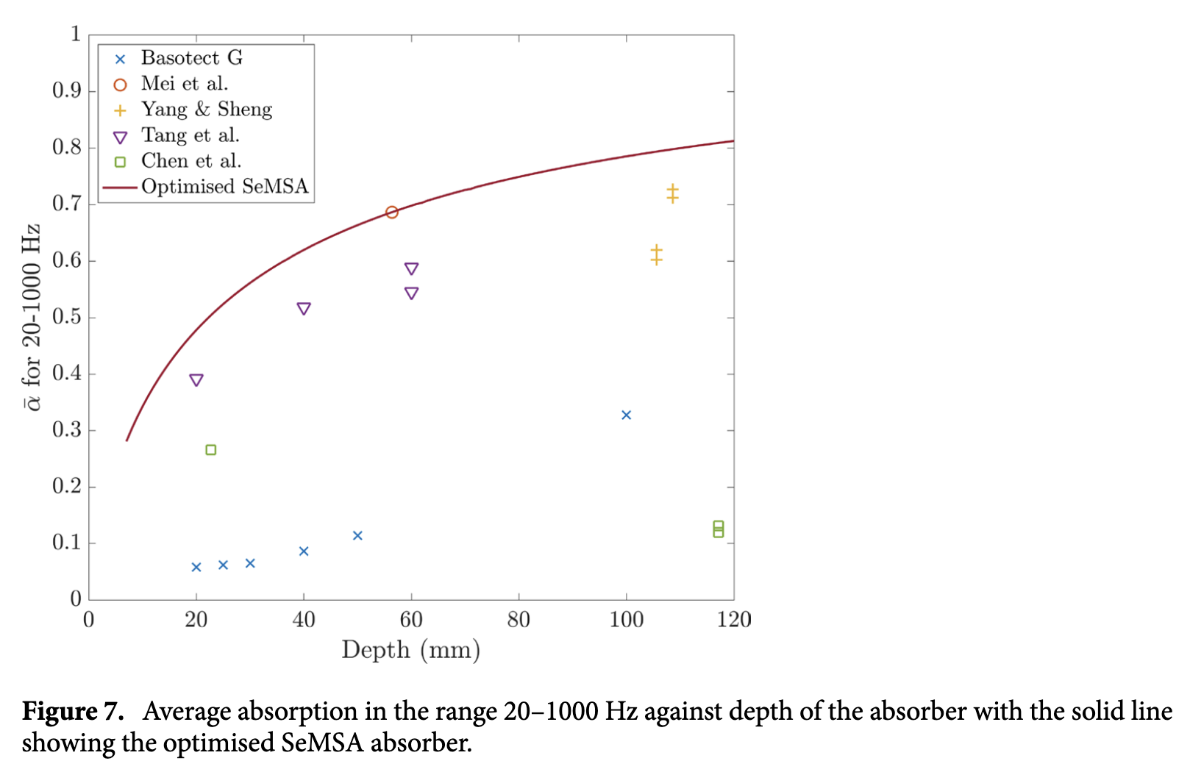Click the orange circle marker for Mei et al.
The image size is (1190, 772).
pyautogui.click(x=391, y=212)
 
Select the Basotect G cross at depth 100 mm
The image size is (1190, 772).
pyautogui.click(x=626, y=415)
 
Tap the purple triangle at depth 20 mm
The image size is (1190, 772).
pyautogui.click(x=196, y=380)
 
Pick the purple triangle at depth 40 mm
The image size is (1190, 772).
pyautogui.click(x=304, y=309)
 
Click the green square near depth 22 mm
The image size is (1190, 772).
pyautogui.click(x=211, y=450)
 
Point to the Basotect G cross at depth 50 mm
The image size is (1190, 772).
pyautogui.click(x=357, y=536)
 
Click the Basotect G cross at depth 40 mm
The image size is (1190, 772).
pyautogui.click(x=304, y=551)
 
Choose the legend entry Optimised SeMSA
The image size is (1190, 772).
pyautogui.click(x=224, y=187)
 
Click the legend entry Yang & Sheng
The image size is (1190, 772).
pyautogui.click(x=207, y=110)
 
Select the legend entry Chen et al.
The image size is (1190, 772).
pyautogui.click(x=191, y=161)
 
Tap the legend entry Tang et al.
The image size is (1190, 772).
pyautogui.click(x=190, y=135)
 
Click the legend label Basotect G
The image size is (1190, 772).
pyautogui.click(x=192, y=58)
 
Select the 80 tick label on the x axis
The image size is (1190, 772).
pyautogui.click(x=519, y=620)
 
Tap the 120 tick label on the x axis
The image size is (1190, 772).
pyautogui.click(x=734, y=620)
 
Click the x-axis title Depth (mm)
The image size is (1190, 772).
pyautogui.click(x=410, y=650)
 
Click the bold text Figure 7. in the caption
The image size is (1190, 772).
pyautogui.click(x=72, y=711)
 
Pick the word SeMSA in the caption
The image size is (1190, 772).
pyautogui.click(x=323, y=743)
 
